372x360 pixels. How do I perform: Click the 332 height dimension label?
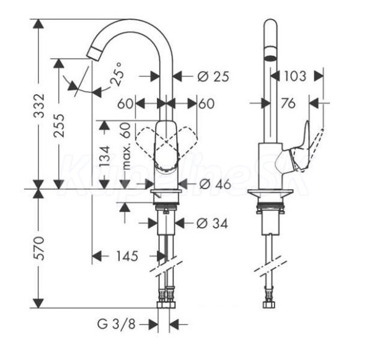[39, 107]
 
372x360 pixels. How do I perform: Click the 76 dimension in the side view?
[288, 103]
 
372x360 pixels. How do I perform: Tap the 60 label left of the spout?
[126, 103]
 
